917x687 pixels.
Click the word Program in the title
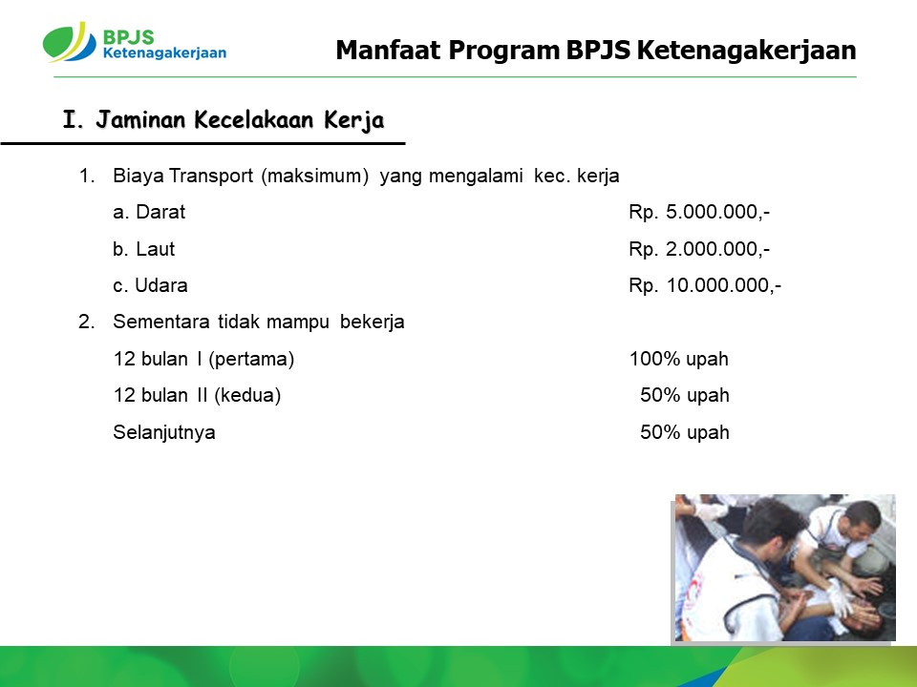(503, 52)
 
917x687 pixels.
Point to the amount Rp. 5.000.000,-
(699, 212)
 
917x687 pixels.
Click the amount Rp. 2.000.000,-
(699, 249)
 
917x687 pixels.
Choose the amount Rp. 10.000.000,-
(705, 285)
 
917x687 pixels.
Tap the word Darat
(160, 212)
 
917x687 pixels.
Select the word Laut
(155, 249)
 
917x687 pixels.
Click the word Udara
(160, 285)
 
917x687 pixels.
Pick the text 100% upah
(678, 358)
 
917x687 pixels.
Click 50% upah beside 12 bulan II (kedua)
(684, 395)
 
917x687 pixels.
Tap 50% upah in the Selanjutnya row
(684, 431)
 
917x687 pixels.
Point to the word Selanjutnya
(163, 432)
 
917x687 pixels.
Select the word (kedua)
(247, 395)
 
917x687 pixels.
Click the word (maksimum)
(314, 176)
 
